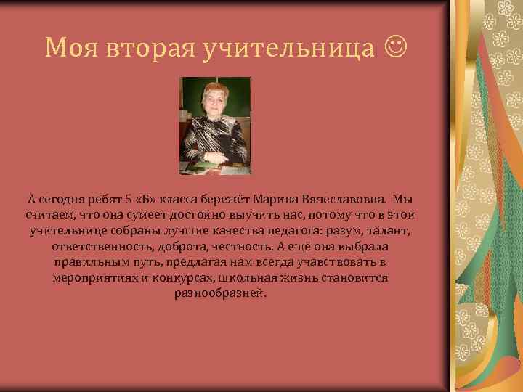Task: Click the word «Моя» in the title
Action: pos(70,48)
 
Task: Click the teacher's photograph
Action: pos(216,126)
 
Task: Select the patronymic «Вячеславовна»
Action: pos(349,199)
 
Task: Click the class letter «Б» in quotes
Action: pos(150,199)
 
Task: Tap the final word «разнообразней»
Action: pos(220,294)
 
